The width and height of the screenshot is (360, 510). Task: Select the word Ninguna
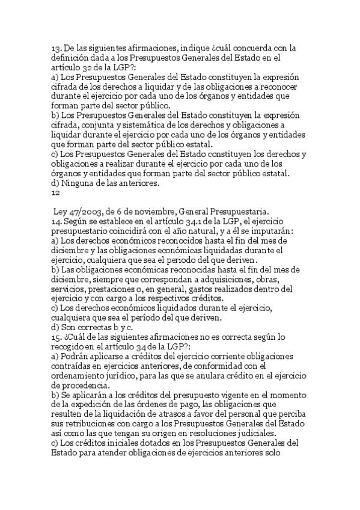click(81, 184)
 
